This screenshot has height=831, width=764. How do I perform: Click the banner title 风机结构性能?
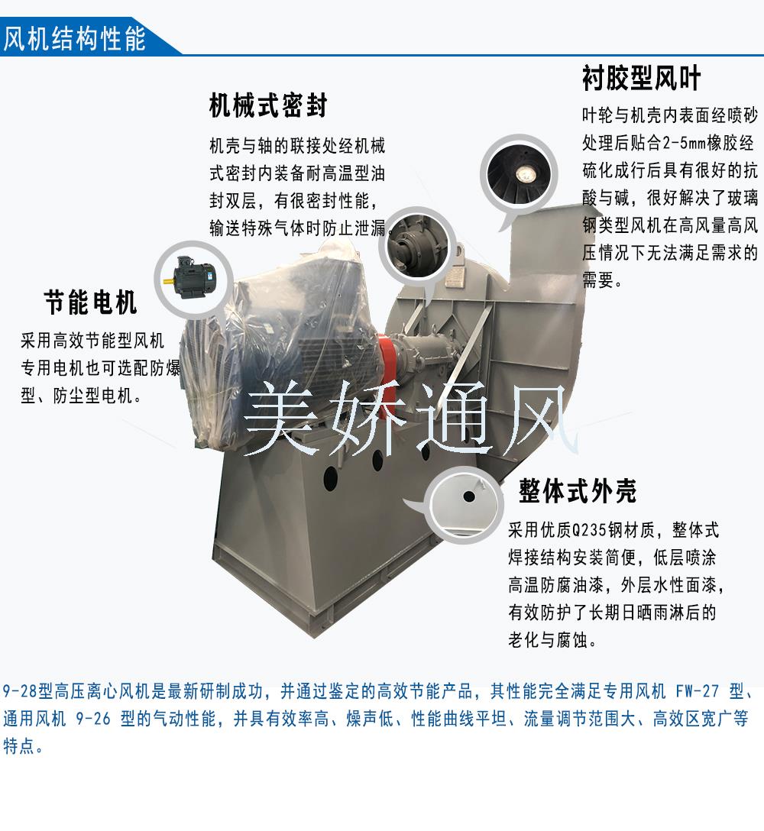pyautogui.click(x=74, y=38)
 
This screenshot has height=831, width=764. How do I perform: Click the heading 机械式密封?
pyautogui.click(x=268, y=105)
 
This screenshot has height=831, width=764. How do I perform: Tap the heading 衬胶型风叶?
pyautogui.click(x=642, y=78)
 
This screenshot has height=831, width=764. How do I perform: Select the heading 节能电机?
pyautogui.click(x=91, y=302)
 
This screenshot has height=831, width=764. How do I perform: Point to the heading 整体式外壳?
pyautogui.click(x=578, y=491)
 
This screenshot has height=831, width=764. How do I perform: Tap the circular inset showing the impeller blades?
pyautogui.click(x=519, y=174)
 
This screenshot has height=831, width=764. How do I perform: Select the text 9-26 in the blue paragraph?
pyautogui.click(x=93, y=719)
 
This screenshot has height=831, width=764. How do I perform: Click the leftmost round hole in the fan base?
pyautogui.click(x=330, y=478)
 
